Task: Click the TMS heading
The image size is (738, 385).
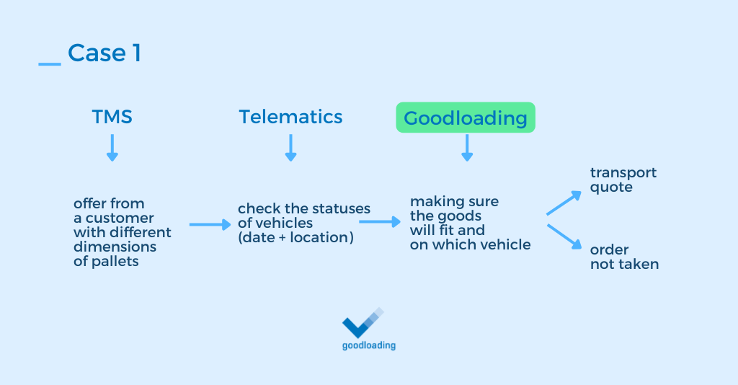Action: pos(112,117)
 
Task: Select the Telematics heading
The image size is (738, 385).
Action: pos(290,117)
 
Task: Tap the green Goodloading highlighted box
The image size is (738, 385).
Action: pos(466,118)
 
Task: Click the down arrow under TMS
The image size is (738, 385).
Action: pos(112,147)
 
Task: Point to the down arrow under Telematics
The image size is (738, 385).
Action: pos(290,147)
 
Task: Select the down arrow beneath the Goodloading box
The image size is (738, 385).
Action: pos(466,147)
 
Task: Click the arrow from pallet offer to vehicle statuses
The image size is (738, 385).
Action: pos(210,225)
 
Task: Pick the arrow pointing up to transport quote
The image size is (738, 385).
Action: pos(564,203)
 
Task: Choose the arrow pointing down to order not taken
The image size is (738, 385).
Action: pos(564,237)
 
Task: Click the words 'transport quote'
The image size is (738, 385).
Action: pos(623,180)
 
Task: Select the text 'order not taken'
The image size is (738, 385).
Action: pos(624,257)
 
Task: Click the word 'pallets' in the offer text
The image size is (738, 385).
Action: pos(115,262)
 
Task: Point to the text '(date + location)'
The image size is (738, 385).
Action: pos(295,237)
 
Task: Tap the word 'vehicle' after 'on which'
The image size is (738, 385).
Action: pos(507,245)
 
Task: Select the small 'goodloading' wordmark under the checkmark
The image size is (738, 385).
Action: pos(368,345)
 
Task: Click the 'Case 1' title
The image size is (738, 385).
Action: pos(104,53)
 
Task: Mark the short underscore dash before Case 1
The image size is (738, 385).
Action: pos(50,65)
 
